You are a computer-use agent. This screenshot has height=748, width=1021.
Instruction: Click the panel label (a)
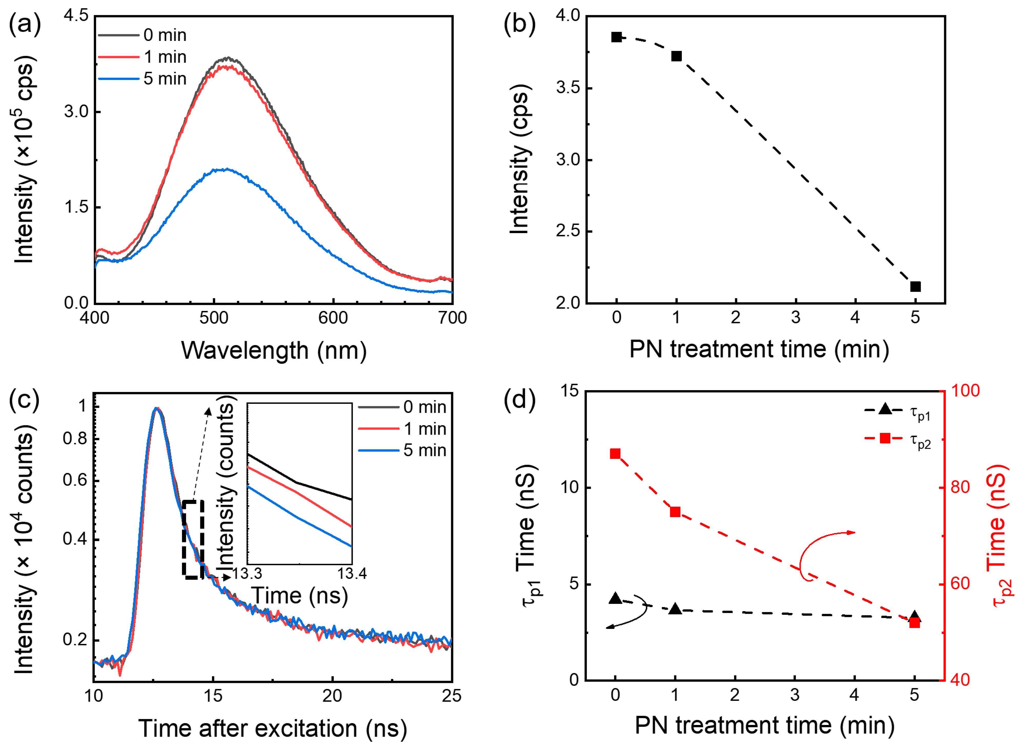pyautogui.click(x=25, y=24)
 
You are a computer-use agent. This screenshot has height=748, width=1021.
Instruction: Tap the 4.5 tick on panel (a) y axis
pyautogui.click(x=76, y=16)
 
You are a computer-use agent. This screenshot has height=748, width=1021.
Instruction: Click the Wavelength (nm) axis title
pyautogui.click(x=274, y=350)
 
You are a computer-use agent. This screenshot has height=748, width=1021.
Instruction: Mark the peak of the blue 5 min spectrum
pyautogui.click(x=225, y=169)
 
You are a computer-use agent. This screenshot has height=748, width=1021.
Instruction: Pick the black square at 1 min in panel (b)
pyautogui.click(x=676, y=56)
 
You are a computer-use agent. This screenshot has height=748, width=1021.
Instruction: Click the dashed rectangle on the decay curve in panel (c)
pyautogui.click(x=193, y=539)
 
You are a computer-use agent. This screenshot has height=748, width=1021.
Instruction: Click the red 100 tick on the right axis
pyautogui.click(x=964, y=391)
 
